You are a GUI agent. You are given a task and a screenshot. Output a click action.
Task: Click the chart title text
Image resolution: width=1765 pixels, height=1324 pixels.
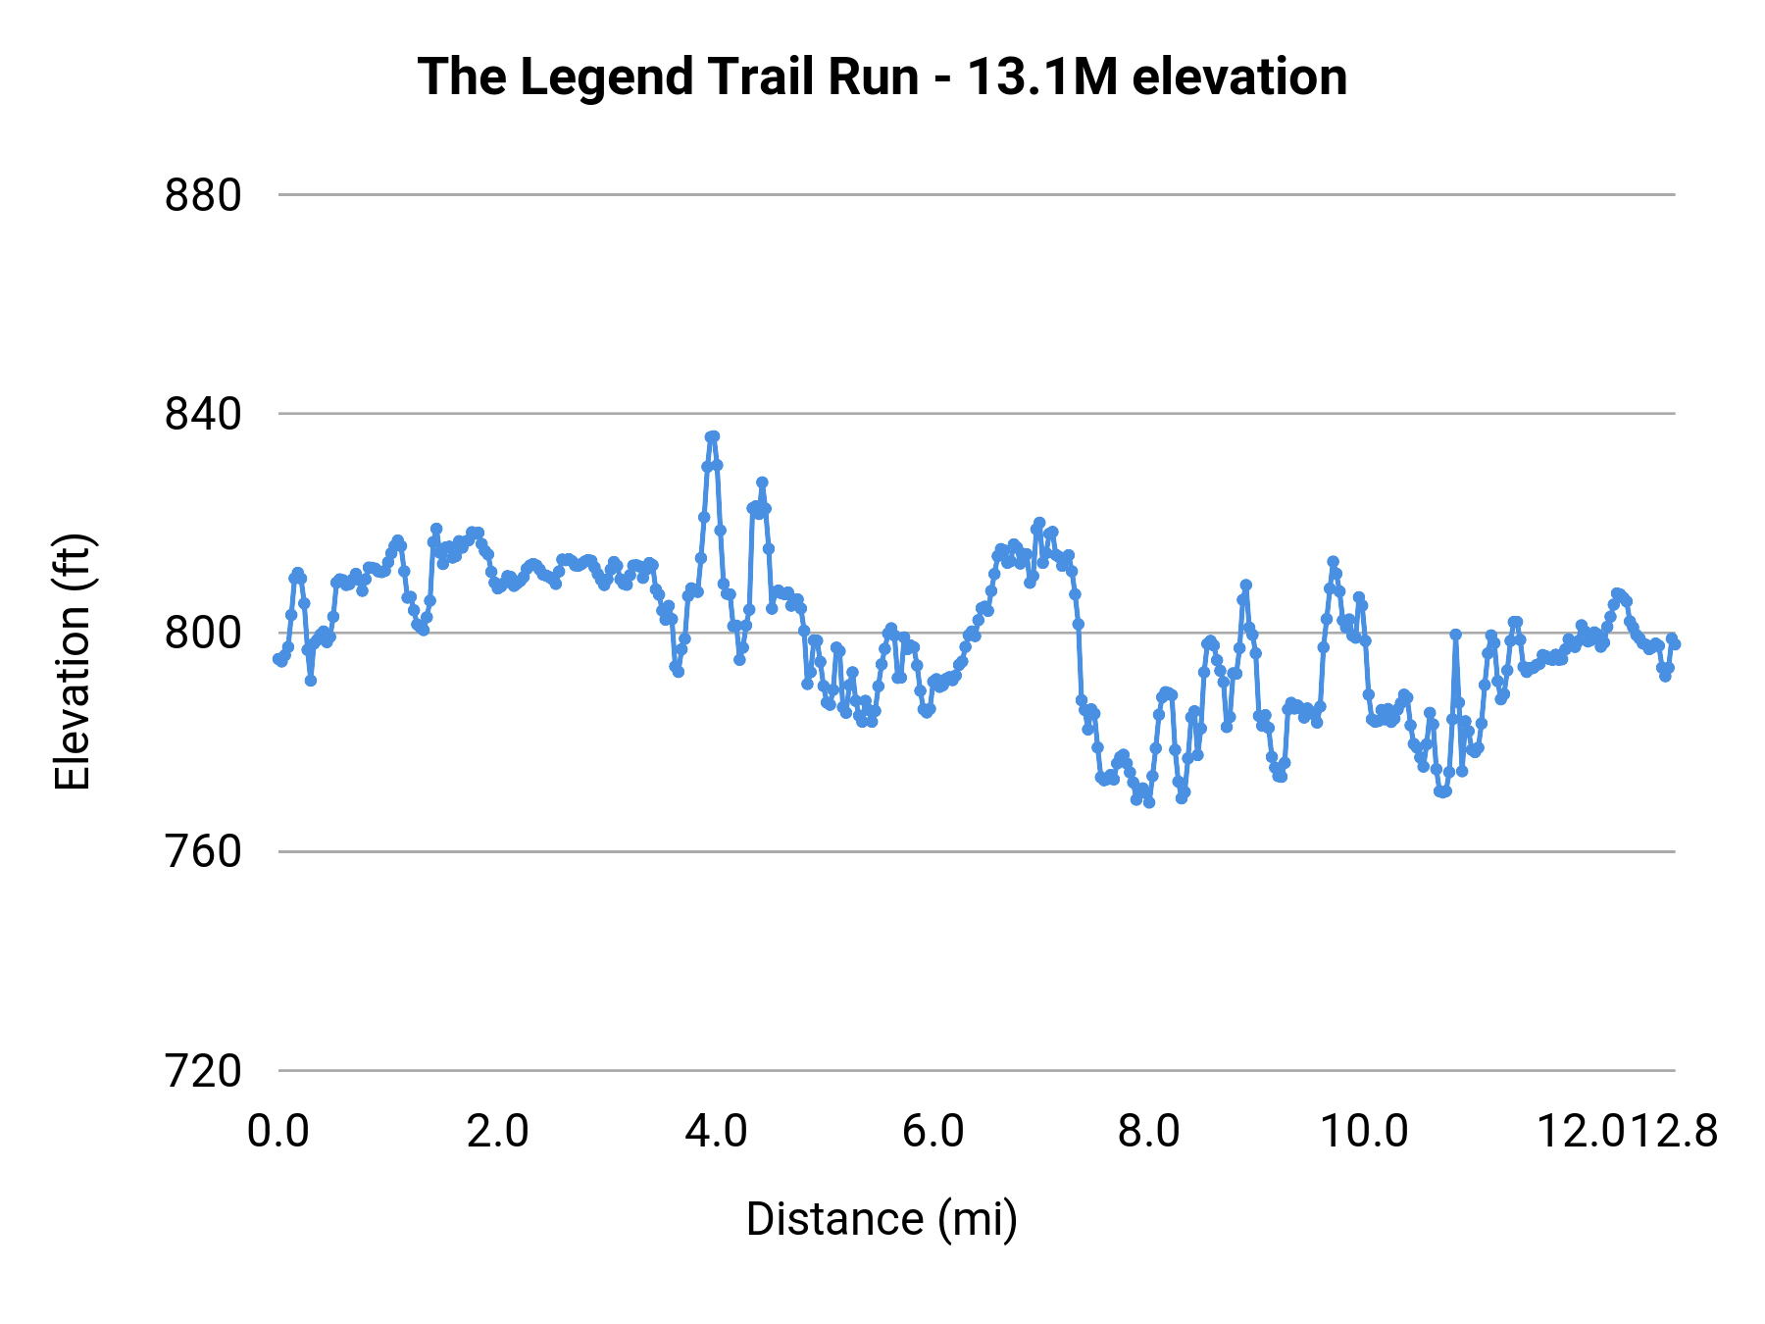pyautogui.click(x=882, y=76)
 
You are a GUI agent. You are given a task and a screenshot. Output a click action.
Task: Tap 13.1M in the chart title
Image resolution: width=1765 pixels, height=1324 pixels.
pyautogui.click(x=1042, y=76)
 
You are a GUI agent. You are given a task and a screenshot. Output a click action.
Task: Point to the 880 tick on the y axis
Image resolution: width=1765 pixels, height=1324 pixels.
pyautogui.click(x=203, y=196)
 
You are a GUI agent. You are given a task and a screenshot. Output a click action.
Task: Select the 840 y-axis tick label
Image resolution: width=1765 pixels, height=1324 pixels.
pyautogui.click(x=203, y=415)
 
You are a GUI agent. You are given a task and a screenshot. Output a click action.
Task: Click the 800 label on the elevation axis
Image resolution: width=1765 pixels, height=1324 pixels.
pyautogui.click(x=203, y=634)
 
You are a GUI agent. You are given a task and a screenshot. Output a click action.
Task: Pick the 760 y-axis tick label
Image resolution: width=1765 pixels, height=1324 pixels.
pyautogui.click(x=203, y=852)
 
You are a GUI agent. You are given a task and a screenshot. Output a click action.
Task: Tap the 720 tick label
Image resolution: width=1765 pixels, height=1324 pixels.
pyautogui.click(x=203, y=1071)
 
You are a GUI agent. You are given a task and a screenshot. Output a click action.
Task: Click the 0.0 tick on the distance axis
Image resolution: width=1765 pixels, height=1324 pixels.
pyautogui.click(x=278, y=1132)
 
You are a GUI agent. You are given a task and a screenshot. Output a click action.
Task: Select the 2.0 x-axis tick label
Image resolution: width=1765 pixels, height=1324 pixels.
pyautogui.click(x=497, y=1132)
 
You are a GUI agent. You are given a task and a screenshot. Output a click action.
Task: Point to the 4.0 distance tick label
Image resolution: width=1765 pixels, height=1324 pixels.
pyautogui.click(x=716, y=1132)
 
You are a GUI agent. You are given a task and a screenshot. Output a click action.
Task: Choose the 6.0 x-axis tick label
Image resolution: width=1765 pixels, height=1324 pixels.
pyautogui.click(x=933, y=1132)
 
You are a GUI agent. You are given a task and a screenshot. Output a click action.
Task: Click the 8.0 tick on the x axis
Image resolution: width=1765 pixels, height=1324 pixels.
pyautogui.click(x=1149, y=1132)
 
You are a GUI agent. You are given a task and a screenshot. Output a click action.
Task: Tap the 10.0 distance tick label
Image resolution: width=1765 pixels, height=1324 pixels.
pyautogui.click(x=1364, y=1132)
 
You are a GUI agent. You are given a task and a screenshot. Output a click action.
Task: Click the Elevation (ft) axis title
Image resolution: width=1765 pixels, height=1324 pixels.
pyautogui.click(x=73, y=662)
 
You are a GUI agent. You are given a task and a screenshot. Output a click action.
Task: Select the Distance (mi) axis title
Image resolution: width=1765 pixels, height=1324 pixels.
pyautogui.click(x=882, y=1219)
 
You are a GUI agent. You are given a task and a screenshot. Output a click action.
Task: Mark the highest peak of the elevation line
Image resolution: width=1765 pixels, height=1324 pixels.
pyautogui.click(x=713, y=436)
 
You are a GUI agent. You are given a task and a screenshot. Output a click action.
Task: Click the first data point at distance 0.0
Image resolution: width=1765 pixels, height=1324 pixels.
pyautogui.click(x=278, y=659)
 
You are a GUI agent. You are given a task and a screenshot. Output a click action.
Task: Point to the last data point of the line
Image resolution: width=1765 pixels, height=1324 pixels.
pyautogui.click(x=1675, y=644)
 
